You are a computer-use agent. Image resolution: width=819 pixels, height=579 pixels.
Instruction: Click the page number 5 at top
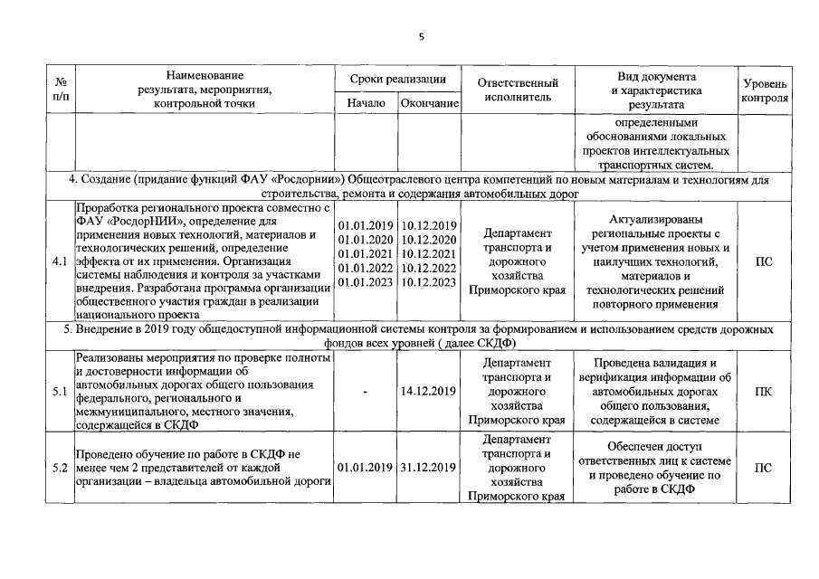pos(421,37)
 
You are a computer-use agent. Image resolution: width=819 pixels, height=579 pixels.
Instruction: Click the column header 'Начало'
pos(366,104)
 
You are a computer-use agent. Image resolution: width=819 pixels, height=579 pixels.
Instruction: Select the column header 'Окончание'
pos(430,104)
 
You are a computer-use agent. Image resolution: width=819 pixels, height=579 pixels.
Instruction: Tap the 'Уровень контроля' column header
pos(764,90)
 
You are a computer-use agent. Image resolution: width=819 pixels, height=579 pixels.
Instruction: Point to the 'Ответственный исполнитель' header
pos(518,90)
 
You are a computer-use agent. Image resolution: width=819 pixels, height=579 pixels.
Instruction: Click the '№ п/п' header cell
pos(59,90)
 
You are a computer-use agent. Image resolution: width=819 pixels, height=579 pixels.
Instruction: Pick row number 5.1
pos(60,392)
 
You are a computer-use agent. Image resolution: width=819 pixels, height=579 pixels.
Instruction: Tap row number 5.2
pos(60,468)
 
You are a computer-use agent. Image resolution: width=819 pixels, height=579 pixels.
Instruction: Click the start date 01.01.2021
pos(366,253)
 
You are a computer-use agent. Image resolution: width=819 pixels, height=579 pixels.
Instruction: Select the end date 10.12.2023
pos(429,282)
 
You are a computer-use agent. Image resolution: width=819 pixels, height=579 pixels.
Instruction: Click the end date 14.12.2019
pos(429,392)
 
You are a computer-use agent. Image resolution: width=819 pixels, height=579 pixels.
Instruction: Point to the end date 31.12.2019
pos(429,468)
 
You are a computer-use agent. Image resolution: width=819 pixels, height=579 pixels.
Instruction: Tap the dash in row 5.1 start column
pos(365,392)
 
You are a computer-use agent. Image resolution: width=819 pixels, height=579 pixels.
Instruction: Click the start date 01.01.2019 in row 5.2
pos(366,468)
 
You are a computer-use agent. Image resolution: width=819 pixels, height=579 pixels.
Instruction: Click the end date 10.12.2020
pos(429,239)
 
